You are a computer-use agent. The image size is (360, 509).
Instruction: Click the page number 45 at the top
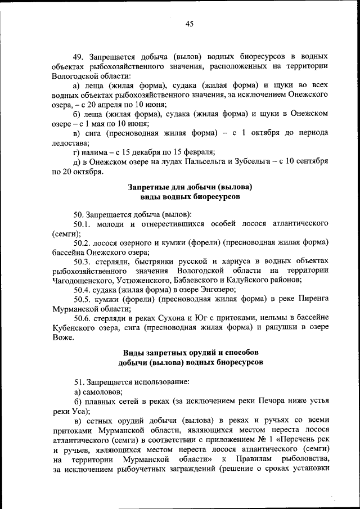[x=189, y=23]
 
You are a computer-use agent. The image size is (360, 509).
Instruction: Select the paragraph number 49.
[x=79, y=57]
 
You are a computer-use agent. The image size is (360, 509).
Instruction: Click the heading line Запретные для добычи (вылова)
[x=190, y=187]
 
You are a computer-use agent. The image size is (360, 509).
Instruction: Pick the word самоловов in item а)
[x=103, y=391]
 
